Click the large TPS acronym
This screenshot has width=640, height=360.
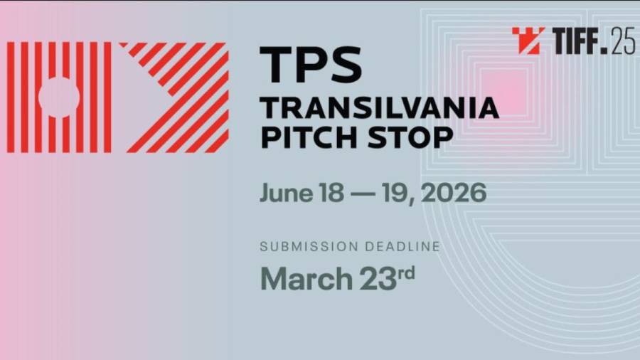(x=311, y=64)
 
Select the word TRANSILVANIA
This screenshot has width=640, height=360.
(x=379, y=108)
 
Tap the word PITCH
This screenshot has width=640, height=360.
(x=309, y=137)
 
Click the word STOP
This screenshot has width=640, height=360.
(x=410, y=137)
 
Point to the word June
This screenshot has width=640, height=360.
(x=286, y=193)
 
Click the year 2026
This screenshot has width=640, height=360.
(x=454, y=193)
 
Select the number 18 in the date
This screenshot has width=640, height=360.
(x=331, y=193)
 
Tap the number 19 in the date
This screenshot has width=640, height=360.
(x=395, y=193)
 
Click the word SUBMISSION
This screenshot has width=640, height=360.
(x=309, y=247)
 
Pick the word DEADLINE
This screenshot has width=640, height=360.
(x=403, y=247)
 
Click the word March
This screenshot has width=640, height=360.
(x=306, y=279)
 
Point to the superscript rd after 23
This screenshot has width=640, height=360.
(x=407, y=272)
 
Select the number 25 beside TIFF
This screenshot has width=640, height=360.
(x=623, y=41)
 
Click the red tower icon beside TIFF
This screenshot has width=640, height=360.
(x=528, y=41)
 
